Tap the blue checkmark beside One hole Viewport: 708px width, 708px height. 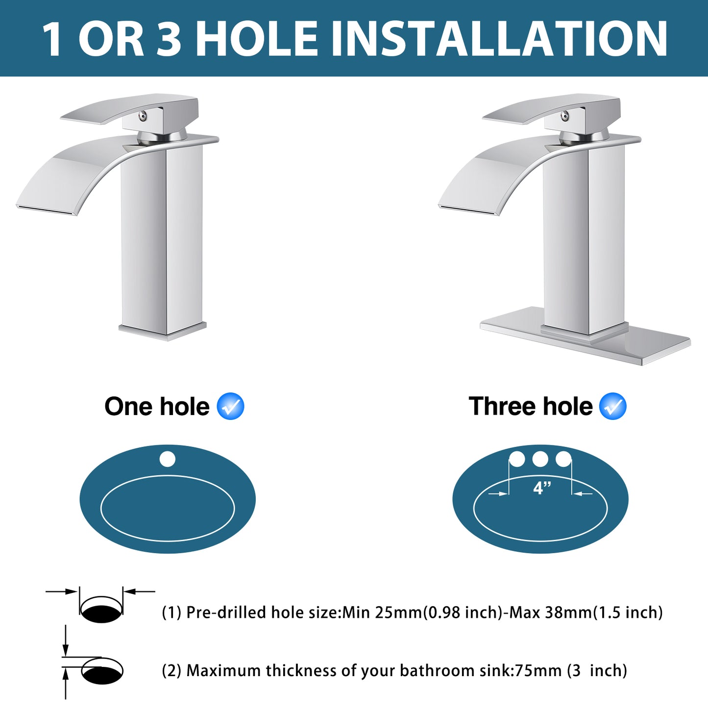230,406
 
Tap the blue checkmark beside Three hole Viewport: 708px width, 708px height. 613,406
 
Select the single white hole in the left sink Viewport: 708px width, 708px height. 168,459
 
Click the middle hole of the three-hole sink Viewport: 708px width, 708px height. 540,459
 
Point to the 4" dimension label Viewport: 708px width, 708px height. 542,488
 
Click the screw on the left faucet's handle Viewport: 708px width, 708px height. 143,116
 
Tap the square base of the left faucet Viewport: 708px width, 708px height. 163,331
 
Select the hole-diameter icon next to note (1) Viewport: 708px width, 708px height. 101,608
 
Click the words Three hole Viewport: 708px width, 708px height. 531,406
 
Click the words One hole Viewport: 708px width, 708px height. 157,407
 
